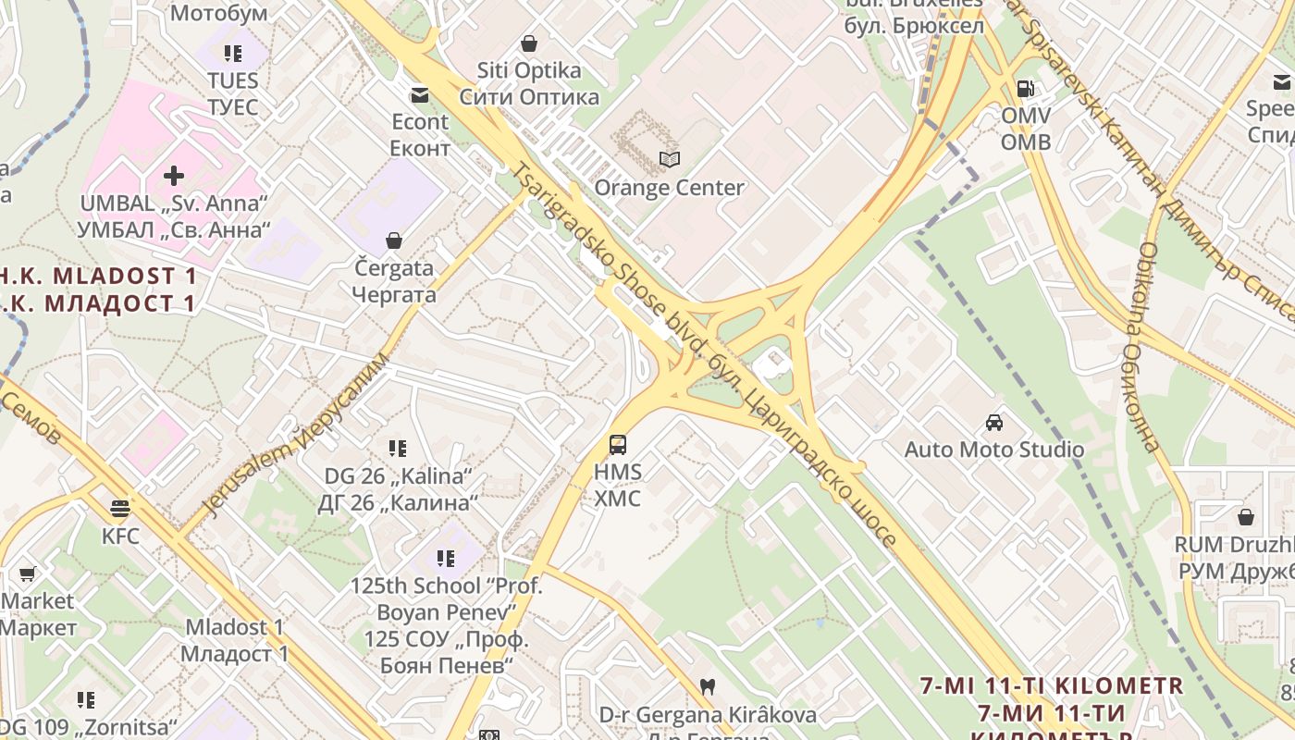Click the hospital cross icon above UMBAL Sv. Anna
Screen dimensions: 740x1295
click(174, 175)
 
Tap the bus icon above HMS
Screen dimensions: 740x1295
click(618, 445)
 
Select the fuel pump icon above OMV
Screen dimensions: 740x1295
click(1025, 89)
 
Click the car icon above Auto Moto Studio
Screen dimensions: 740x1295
click(994, 423)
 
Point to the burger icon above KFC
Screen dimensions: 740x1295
click(119, 508)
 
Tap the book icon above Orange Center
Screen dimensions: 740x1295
click(669, 160)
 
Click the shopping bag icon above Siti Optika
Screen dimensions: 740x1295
click(529, 43)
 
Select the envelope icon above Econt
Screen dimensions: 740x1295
click(420, 94)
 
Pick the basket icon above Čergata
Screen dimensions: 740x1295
click(394, 240)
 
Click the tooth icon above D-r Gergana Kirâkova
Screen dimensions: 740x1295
click(709, 687)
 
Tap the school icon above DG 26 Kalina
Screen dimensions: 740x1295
click(398, 449)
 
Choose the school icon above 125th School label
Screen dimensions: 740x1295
click(446, 558)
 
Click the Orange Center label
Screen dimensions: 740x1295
click(669, 188)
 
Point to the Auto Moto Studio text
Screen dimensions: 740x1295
click(994, 450)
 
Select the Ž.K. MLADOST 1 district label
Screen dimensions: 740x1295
click(97, 277)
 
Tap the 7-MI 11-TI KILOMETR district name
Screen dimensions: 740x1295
click(1052, 686)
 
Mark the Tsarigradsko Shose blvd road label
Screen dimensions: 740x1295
click(610, 268)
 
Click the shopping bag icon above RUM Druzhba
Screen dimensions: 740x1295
click(1246, 516)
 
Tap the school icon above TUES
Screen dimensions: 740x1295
click(232, 54)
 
